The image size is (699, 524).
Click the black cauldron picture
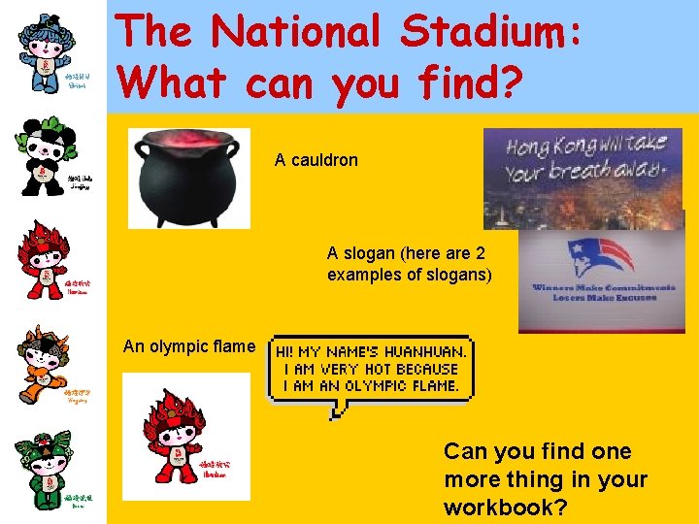pyautogui.click(x=188, y=180)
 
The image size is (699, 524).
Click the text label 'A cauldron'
pyautogui.click(x=316, y=159)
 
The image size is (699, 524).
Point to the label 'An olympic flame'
pyautogui.click(x=189, y=346)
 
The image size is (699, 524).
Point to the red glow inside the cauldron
pyautogui.click(x=188, y=144)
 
